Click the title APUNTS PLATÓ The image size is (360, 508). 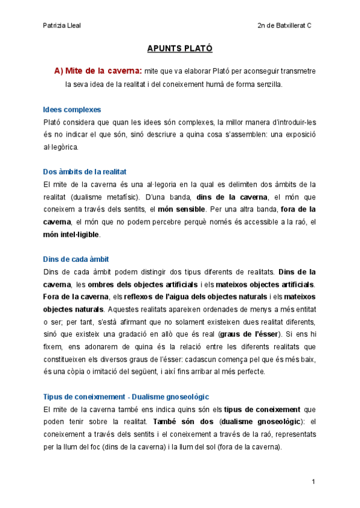pos(180,49)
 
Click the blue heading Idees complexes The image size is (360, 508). pos(72,110)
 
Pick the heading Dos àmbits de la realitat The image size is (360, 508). pos(85,171)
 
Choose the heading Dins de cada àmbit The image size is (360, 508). pos(76,259)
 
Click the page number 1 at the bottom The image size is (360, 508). pos(313,482)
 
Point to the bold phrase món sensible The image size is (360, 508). pos(182,209)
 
